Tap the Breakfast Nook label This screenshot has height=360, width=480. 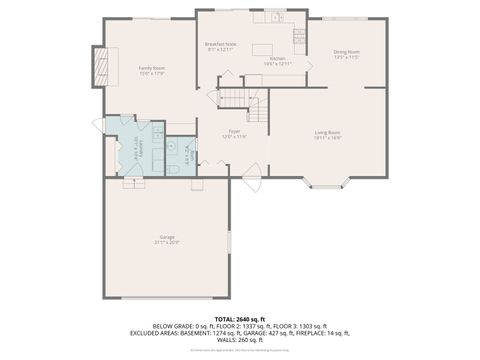(x=220, y=47)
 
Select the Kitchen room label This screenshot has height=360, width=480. (x=277, y=61)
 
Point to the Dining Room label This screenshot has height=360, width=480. (x=346, y=54)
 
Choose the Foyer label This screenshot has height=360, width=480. (x=234, y=134)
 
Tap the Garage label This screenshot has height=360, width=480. (x=166, y=239)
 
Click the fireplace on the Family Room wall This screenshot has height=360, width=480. (x=98, y=69)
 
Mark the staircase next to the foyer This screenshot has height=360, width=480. (x=243, y=99)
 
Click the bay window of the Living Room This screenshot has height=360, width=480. (x=328, y=183)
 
